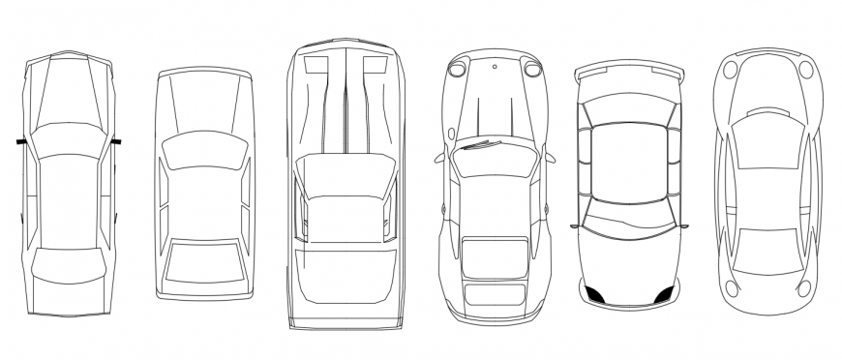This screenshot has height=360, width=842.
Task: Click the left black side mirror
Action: click(x=20, y=142)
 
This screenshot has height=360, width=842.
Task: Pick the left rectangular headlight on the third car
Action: click(x=316, y=66)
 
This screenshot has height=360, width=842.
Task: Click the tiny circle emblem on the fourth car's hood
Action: click(x=494, y=67)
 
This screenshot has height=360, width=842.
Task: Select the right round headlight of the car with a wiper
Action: click(x=531, y=68)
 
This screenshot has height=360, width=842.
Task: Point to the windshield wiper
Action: click(x=480, y=146)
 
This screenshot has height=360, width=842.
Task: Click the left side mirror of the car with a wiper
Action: click(x=441, y=155)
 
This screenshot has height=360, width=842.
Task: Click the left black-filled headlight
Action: click(x=596, y=294)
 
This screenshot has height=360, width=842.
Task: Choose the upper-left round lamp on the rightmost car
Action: click(x=732, y=70)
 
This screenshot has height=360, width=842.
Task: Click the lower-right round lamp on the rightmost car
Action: click(x=806, y=285)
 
